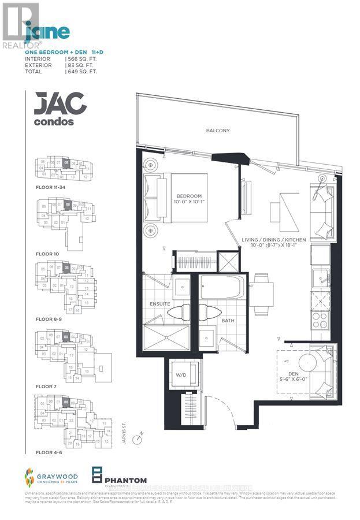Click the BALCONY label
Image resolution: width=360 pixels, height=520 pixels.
218,131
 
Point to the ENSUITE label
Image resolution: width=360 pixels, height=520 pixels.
160,303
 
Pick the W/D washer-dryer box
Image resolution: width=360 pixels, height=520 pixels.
181,376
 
